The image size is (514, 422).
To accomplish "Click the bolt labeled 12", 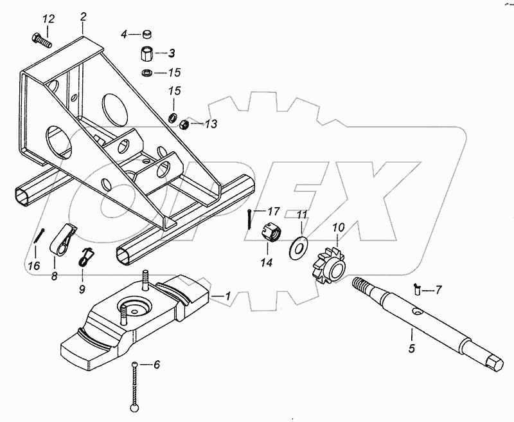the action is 42,41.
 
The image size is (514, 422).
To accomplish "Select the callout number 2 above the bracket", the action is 83,17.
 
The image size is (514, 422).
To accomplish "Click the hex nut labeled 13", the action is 184,124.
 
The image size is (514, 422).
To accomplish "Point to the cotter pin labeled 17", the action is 250,219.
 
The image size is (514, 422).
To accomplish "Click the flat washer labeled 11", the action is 298,249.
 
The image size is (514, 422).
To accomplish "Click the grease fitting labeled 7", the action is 417,289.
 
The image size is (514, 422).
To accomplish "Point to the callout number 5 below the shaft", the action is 411,348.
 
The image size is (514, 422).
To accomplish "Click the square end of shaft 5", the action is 494,364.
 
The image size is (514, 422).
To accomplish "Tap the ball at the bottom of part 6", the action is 135,408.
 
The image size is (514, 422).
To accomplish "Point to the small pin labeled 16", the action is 39,236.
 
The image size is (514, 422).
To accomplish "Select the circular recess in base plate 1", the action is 135,306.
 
